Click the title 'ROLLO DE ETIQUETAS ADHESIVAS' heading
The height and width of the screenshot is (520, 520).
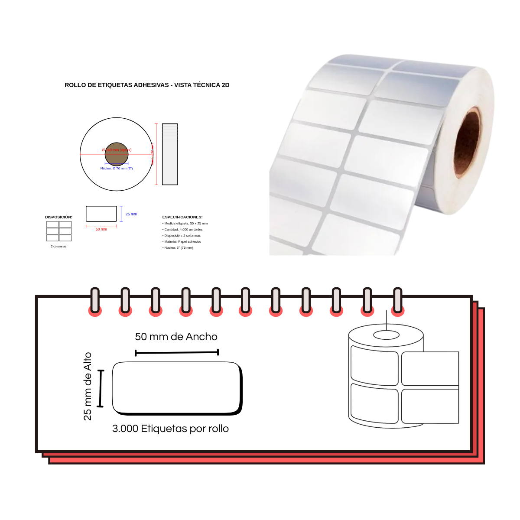click(147, 85)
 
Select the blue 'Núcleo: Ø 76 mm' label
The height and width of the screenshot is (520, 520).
click(117, 168)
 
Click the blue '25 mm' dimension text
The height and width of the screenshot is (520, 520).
click(131, 214)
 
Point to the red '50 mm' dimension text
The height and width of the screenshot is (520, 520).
click(101, 229)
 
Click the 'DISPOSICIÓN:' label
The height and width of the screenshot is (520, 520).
click(58, 217)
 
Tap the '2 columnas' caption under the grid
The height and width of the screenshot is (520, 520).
click(58, 246)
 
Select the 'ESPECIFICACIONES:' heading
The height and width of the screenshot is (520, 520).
click(182, 217)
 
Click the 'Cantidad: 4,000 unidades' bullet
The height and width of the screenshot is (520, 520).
click(183, 230)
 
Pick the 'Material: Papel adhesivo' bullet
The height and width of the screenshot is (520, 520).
click(182, 241)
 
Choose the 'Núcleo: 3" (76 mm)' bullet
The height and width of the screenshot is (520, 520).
click(178, 247)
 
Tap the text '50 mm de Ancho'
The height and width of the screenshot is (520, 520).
click(176, 337)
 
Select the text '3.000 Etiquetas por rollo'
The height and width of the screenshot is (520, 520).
click(170, 429)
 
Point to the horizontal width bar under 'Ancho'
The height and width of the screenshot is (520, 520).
click(177, 353)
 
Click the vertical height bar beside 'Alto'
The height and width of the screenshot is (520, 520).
click(101, 389)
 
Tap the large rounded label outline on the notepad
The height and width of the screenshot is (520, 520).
click(177, 388)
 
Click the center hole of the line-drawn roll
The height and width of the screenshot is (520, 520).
click(386, 335)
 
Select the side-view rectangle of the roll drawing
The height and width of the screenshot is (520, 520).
click(170, 154)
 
